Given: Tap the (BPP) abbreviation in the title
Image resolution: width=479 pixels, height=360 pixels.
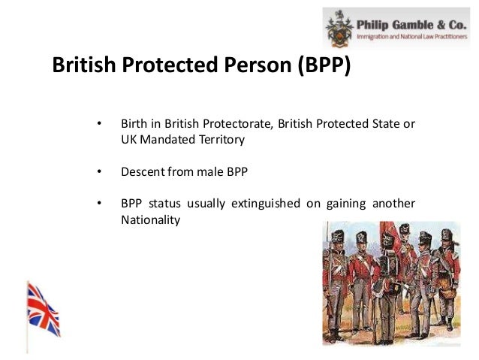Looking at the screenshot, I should [318, 67].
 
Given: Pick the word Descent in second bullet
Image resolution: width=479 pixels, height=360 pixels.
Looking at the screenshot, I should [141, 171].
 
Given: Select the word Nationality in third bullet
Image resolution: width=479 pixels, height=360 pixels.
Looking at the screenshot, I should [150, 220].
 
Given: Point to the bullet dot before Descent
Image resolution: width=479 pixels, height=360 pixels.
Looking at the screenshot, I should [98, 171].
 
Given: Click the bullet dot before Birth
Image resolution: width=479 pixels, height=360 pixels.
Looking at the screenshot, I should [98, 123].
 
